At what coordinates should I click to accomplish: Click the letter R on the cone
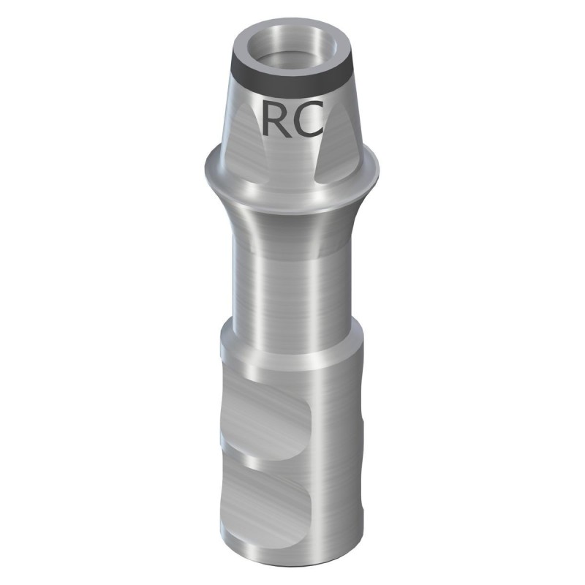276,119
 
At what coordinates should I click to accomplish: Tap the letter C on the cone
309,119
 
